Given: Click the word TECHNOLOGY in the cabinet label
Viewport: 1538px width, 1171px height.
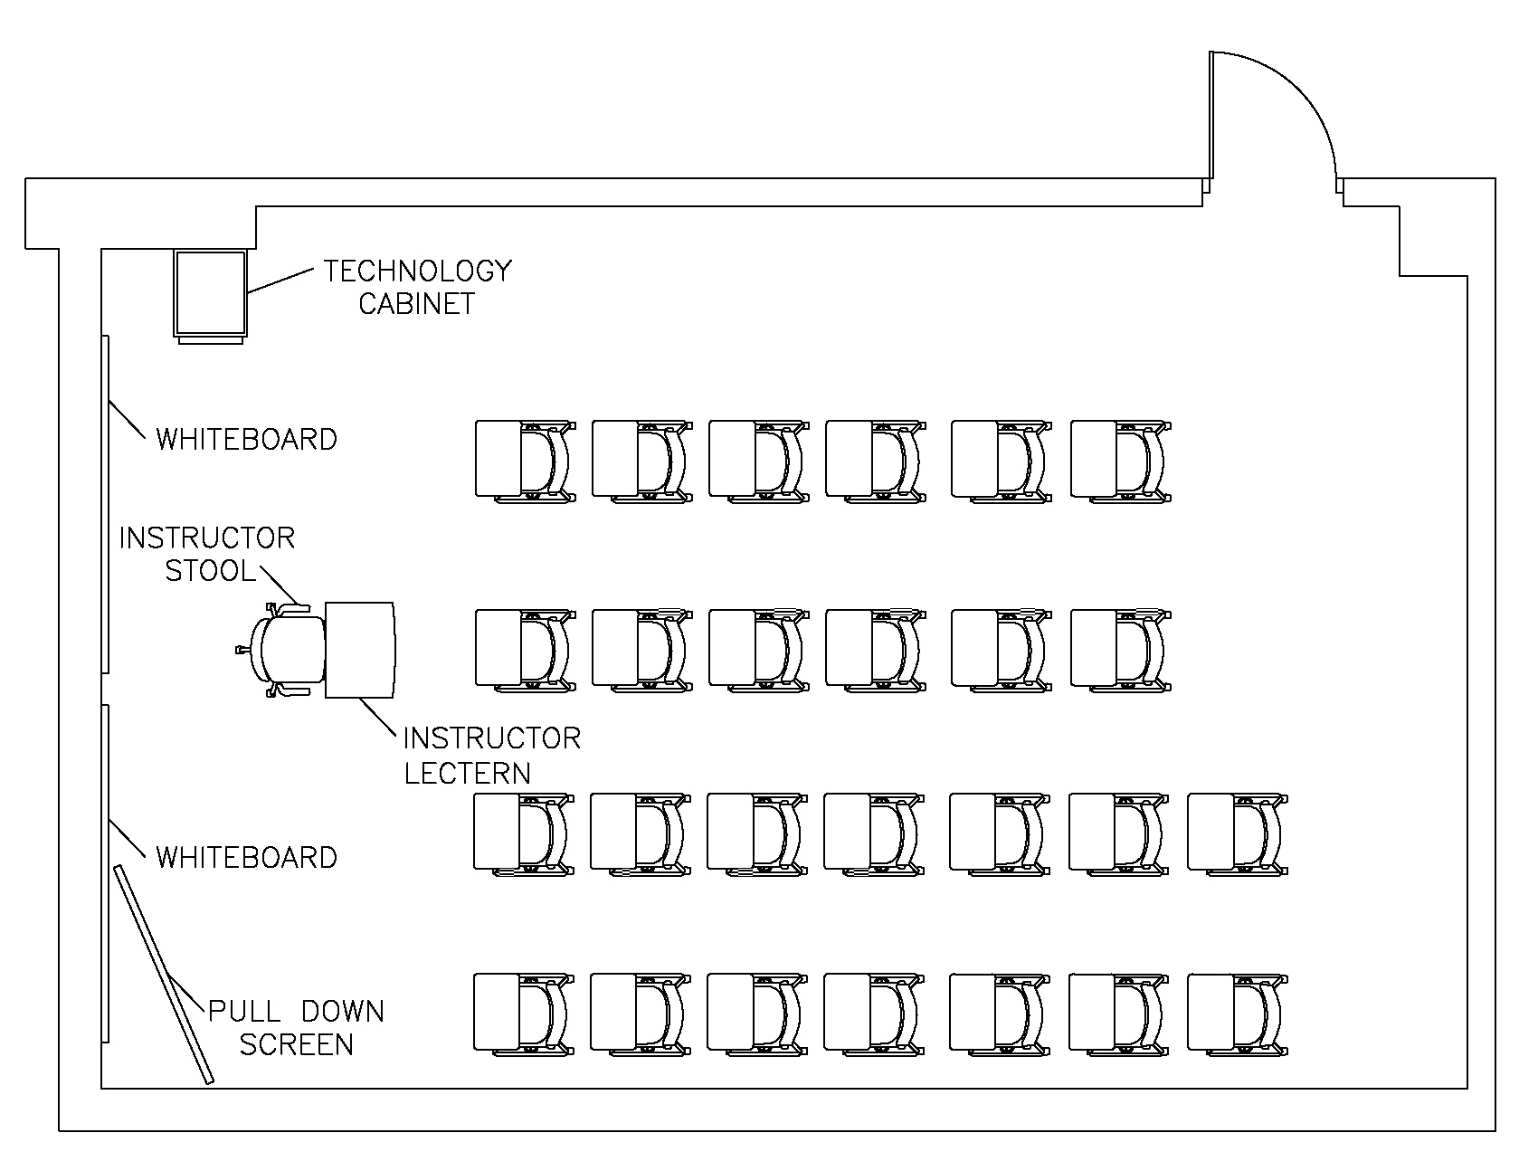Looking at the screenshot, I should pyautogui.click(x=417, y=271).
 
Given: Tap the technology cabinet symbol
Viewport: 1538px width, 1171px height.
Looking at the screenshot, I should pyautogui.click(x=210, y=293).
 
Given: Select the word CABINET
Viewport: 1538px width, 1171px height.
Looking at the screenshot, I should pyautogui.click(x=416, y=303).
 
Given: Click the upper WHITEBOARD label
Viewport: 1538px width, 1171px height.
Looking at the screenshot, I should pyautogui.click(x=246, y=439).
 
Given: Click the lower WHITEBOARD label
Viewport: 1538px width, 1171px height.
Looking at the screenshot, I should pyautogui.click(x=246, y=857).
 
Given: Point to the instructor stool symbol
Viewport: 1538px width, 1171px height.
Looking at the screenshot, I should pyautogui.click(x=288, y=650).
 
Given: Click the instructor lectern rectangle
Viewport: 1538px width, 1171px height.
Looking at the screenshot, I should pyautogui.click(x=360, y=650).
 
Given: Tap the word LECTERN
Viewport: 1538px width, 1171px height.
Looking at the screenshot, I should pyautogui.click(x=467, y=773).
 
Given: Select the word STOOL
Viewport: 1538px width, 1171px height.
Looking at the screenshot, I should pyautogui.click(x=210, y=571).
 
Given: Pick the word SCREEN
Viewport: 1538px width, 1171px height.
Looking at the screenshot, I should pyautogui.click(x=296, y=1044).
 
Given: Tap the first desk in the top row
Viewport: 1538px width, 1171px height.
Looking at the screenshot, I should pyautogui.click(x=525, y=460).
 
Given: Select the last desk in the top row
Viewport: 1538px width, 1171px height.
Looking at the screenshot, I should pyautogui.click(x=1119, y=460).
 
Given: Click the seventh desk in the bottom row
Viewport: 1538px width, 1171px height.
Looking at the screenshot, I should pyautogui.click(x=1237, y=1014).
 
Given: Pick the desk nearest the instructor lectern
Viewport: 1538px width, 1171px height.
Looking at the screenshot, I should pyautogui.click(x=525, y=650).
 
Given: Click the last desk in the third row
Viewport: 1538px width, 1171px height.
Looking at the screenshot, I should pyautogui.click(x=1237, y=833).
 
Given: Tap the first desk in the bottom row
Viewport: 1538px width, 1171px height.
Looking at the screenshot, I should pyautogui.click(x=523, y=1014).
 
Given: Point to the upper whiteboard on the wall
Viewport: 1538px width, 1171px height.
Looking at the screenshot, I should pyautogui.click(x=105, y=503).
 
